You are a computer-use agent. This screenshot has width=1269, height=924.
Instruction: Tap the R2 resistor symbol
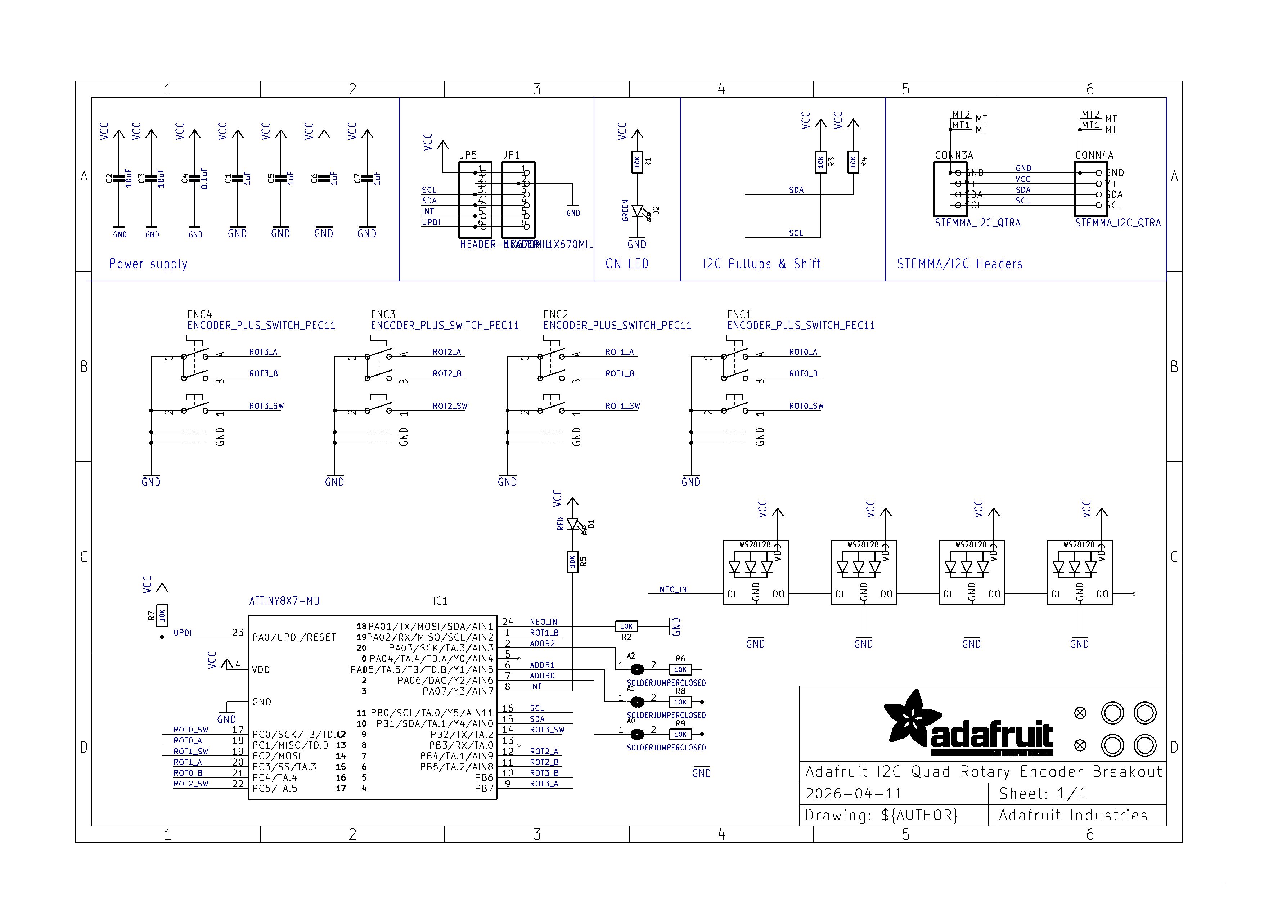(x=626, y=626)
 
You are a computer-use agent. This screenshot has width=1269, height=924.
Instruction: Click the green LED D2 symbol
(x=637, y=211)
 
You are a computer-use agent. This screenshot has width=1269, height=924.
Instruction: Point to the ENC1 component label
(x=739, y=314)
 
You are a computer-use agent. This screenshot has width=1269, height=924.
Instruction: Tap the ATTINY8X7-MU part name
(x=284, y=601)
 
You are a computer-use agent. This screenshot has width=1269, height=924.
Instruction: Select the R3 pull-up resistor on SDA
(x=820, y=162)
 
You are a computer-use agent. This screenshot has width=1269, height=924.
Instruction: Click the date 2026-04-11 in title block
(x=853, y=794)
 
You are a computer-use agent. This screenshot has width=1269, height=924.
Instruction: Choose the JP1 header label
(x=512, y=155)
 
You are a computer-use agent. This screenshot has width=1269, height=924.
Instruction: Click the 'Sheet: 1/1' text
(x=1043, y=794)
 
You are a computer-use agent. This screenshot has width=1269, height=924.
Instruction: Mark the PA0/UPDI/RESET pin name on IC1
(x=294, y=637)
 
